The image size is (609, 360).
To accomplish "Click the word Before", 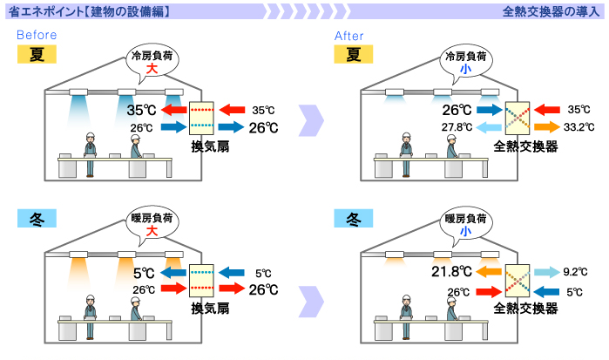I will [37, 35].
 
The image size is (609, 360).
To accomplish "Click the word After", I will [349, 35].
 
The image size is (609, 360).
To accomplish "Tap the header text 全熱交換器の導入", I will [551, 11].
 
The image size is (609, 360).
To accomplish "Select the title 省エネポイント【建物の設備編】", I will [87, 11].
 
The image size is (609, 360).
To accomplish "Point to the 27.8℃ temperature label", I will [458, 127].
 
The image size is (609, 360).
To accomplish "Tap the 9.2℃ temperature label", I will [579, 272].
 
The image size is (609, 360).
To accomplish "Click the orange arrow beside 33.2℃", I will [547, 127].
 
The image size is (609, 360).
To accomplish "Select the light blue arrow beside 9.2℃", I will [547, 272].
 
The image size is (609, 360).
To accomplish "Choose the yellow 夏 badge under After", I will [353, 55].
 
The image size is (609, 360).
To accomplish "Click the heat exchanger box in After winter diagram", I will [518, 281].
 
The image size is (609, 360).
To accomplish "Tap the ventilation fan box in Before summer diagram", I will [201, 119].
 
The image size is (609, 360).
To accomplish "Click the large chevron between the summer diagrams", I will [311, 119].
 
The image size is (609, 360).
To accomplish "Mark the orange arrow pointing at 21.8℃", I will [488, 272].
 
